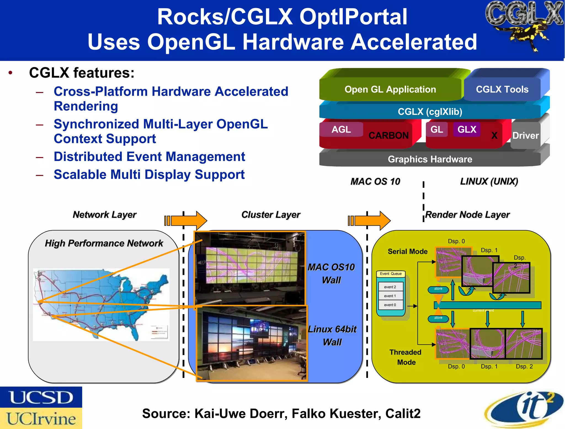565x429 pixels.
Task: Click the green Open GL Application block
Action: (390, 89)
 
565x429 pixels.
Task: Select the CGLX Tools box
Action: (502, 89)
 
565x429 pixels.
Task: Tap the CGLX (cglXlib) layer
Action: (430, 112)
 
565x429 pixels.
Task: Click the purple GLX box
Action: (467, 129)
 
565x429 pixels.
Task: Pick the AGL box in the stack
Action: (341, 129)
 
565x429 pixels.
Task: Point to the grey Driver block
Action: (526, 135)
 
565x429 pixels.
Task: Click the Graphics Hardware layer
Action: (430, 159)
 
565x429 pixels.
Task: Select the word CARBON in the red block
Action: (388, 135)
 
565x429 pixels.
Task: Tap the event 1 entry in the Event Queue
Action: (390, 296)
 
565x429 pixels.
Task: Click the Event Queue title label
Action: (391, 274)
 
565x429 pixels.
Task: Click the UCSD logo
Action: (41, 397)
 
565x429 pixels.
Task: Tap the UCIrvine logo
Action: (41, 419)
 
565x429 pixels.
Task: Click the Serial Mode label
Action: (407, 251)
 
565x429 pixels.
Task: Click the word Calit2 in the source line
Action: (403, 414)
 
